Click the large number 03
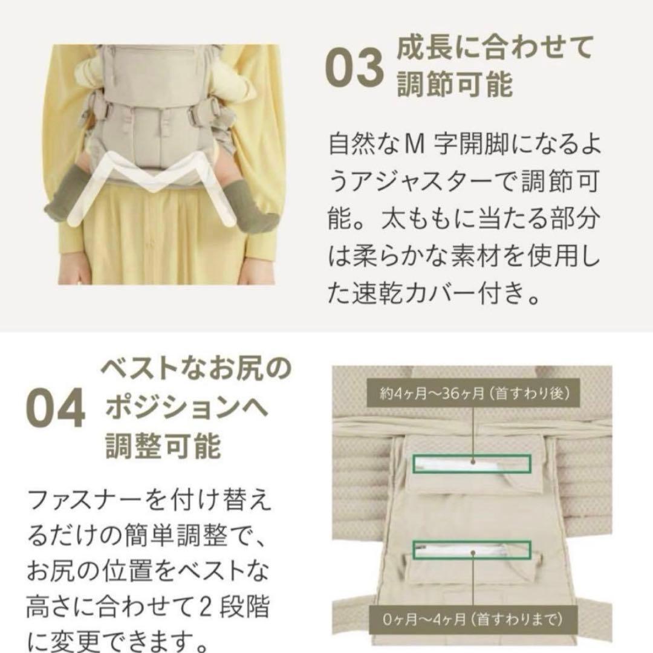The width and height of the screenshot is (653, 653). click(355, 70)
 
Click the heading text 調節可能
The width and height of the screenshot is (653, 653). click(455, 85)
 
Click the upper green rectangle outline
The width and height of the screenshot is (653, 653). click(471, 463)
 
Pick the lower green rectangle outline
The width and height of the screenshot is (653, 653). click(471, 551)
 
